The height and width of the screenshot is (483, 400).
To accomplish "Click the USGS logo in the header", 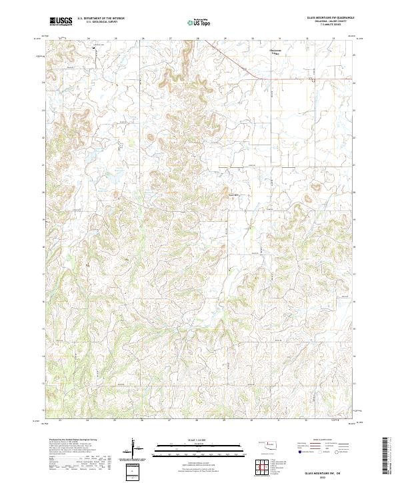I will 61,21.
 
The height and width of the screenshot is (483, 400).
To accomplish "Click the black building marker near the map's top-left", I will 94,47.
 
